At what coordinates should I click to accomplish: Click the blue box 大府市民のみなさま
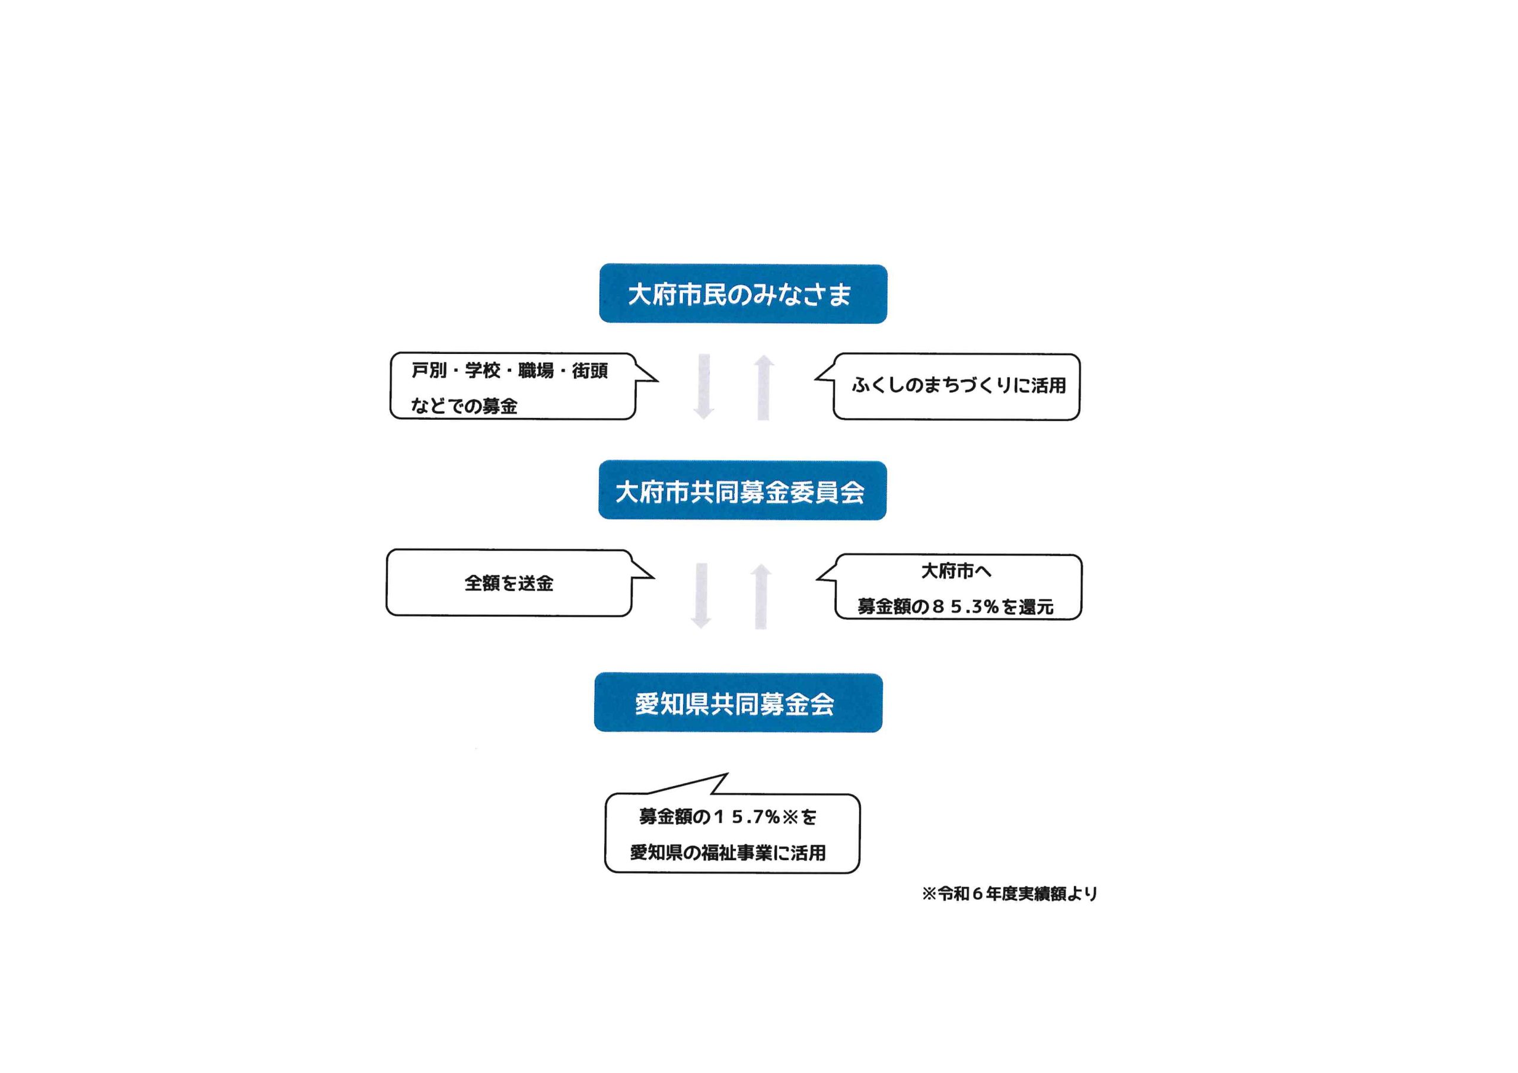(x=743, y=293)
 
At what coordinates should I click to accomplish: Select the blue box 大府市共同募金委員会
(x=742, y=490)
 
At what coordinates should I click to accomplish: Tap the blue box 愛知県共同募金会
(x=738, y=702)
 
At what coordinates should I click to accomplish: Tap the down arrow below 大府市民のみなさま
(x=704, y=387)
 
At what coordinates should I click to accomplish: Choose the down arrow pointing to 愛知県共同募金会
(x=701, y=596)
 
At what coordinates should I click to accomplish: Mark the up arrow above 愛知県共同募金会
(x=761, y=596)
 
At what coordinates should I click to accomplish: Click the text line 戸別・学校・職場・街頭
(x=509, y=371)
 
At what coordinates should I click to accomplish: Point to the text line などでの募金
(x=464, y=406)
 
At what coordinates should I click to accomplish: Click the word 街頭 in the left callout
(x=590, y=371)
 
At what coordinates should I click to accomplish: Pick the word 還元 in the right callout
(x=1036, y=607)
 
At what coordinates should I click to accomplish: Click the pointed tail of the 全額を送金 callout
(x=653, y=577)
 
